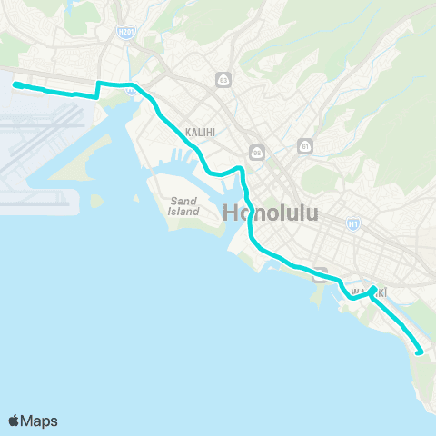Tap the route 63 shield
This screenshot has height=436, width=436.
tap(223, 80)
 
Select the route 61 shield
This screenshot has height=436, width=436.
tap(305, 145)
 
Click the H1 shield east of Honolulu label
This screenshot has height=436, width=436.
tap(352, 223)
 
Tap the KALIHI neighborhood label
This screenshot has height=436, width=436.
tap(199, 132)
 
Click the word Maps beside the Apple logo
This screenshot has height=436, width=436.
tap(40, 421)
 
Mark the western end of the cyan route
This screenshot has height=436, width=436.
tap(15, 85)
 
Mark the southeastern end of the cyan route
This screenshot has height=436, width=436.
tap(419, 352)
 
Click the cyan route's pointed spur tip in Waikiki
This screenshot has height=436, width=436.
tap(374, 288)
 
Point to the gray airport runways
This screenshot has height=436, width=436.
tap(41, 145)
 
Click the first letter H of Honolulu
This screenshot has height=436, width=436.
tap(232, 214)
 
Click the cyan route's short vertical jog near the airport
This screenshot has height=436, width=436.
tap(97, 89)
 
